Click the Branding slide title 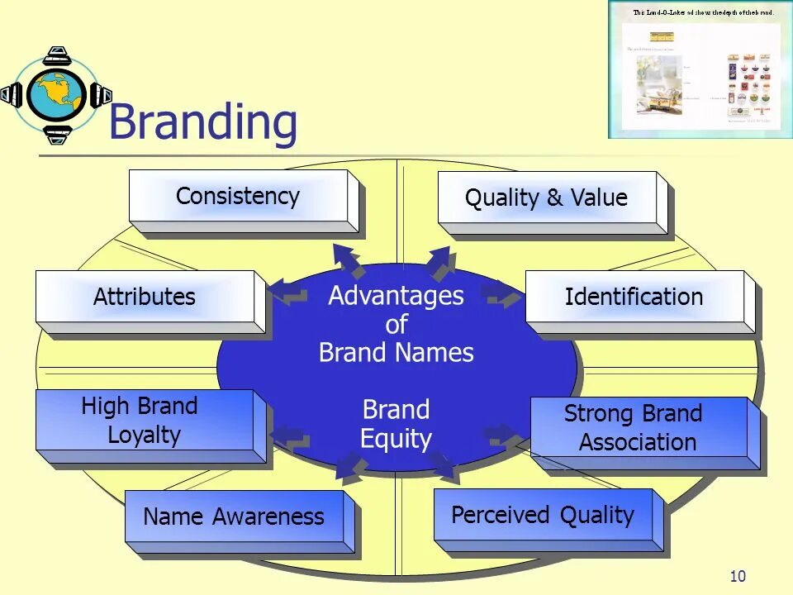[202, 122]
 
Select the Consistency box [238, 197]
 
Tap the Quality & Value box [546, 198]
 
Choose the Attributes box [145, 297]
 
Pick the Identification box [634, 297]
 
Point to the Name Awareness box [234, 516]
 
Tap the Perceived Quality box [543, 515]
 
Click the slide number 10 [738, 576]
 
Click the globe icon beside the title [55, 95]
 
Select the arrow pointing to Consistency [348, 258]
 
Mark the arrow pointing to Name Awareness [350, 469]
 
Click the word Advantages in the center [396, 296]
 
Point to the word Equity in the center [396, 438]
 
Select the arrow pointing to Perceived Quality [443, 467]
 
